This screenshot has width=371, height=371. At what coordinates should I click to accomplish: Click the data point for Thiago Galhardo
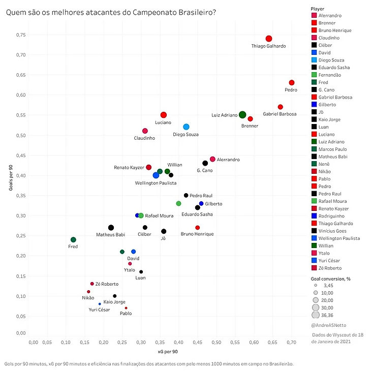269,39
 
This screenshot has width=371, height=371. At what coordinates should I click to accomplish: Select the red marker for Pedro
292,83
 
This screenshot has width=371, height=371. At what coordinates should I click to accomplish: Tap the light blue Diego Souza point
186,127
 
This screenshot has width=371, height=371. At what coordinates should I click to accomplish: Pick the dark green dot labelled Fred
73,239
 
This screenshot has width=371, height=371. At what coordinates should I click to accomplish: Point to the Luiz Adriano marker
242,115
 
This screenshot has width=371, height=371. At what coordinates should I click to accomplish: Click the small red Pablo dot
126,308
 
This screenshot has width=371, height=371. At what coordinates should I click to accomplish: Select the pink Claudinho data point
145,131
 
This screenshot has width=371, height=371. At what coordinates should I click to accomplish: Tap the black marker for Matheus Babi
111,228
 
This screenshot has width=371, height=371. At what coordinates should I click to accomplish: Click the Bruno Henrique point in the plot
198,227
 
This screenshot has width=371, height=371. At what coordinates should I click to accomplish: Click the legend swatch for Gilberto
315,105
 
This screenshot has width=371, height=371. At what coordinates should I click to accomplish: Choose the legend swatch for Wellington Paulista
315,238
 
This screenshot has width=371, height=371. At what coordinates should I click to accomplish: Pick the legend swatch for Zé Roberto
315,268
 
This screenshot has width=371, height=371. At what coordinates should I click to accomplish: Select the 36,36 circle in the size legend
316,315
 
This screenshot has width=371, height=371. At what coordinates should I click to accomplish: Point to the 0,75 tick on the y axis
20,35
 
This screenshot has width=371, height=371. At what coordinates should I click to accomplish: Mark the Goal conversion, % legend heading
331,279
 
